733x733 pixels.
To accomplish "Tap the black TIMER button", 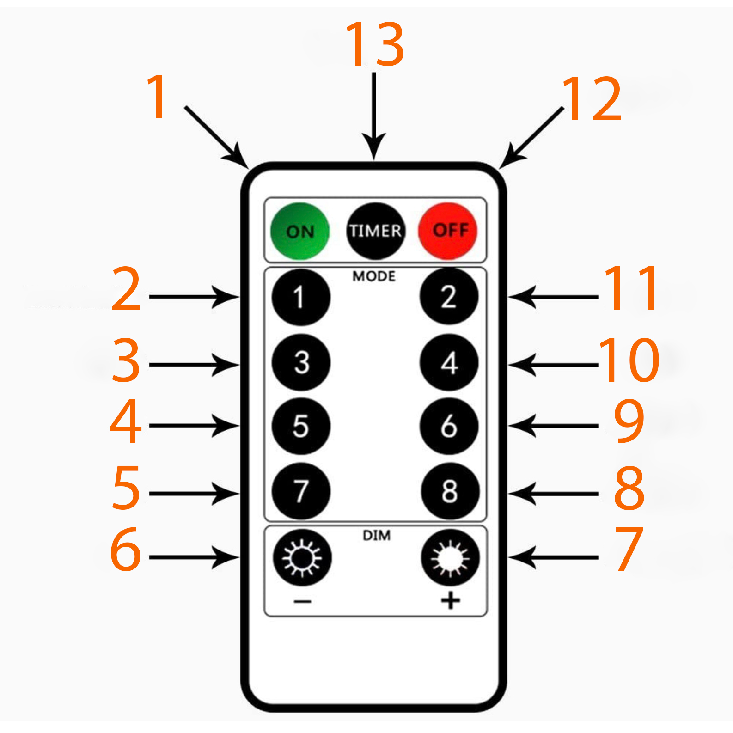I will (x=375, y=231).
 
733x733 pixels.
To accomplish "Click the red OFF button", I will (x=447, y=230).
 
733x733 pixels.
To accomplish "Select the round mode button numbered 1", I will (x=301, y=297).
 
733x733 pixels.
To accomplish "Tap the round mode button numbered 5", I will (x=301, y=426).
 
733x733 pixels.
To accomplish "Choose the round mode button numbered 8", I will (x=450, y=491).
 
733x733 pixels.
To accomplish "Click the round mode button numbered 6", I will (x=449, y=426).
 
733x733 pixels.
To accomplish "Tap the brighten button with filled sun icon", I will (x=450, y=558).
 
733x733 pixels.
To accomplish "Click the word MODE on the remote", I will (x=374, y=276).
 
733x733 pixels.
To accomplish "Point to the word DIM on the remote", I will (x=376, y=535).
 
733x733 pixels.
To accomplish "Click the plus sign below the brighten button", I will (x=450, y=601).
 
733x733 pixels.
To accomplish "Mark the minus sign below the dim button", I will (x=302, y=601).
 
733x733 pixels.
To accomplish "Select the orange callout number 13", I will (x=375, y=44).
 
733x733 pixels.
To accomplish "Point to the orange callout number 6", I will (x=125, y=550).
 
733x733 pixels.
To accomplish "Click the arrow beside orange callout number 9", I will (x=553, y=426).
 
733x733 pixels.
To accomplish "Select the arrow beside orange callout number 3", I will (x=194, y=365).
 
